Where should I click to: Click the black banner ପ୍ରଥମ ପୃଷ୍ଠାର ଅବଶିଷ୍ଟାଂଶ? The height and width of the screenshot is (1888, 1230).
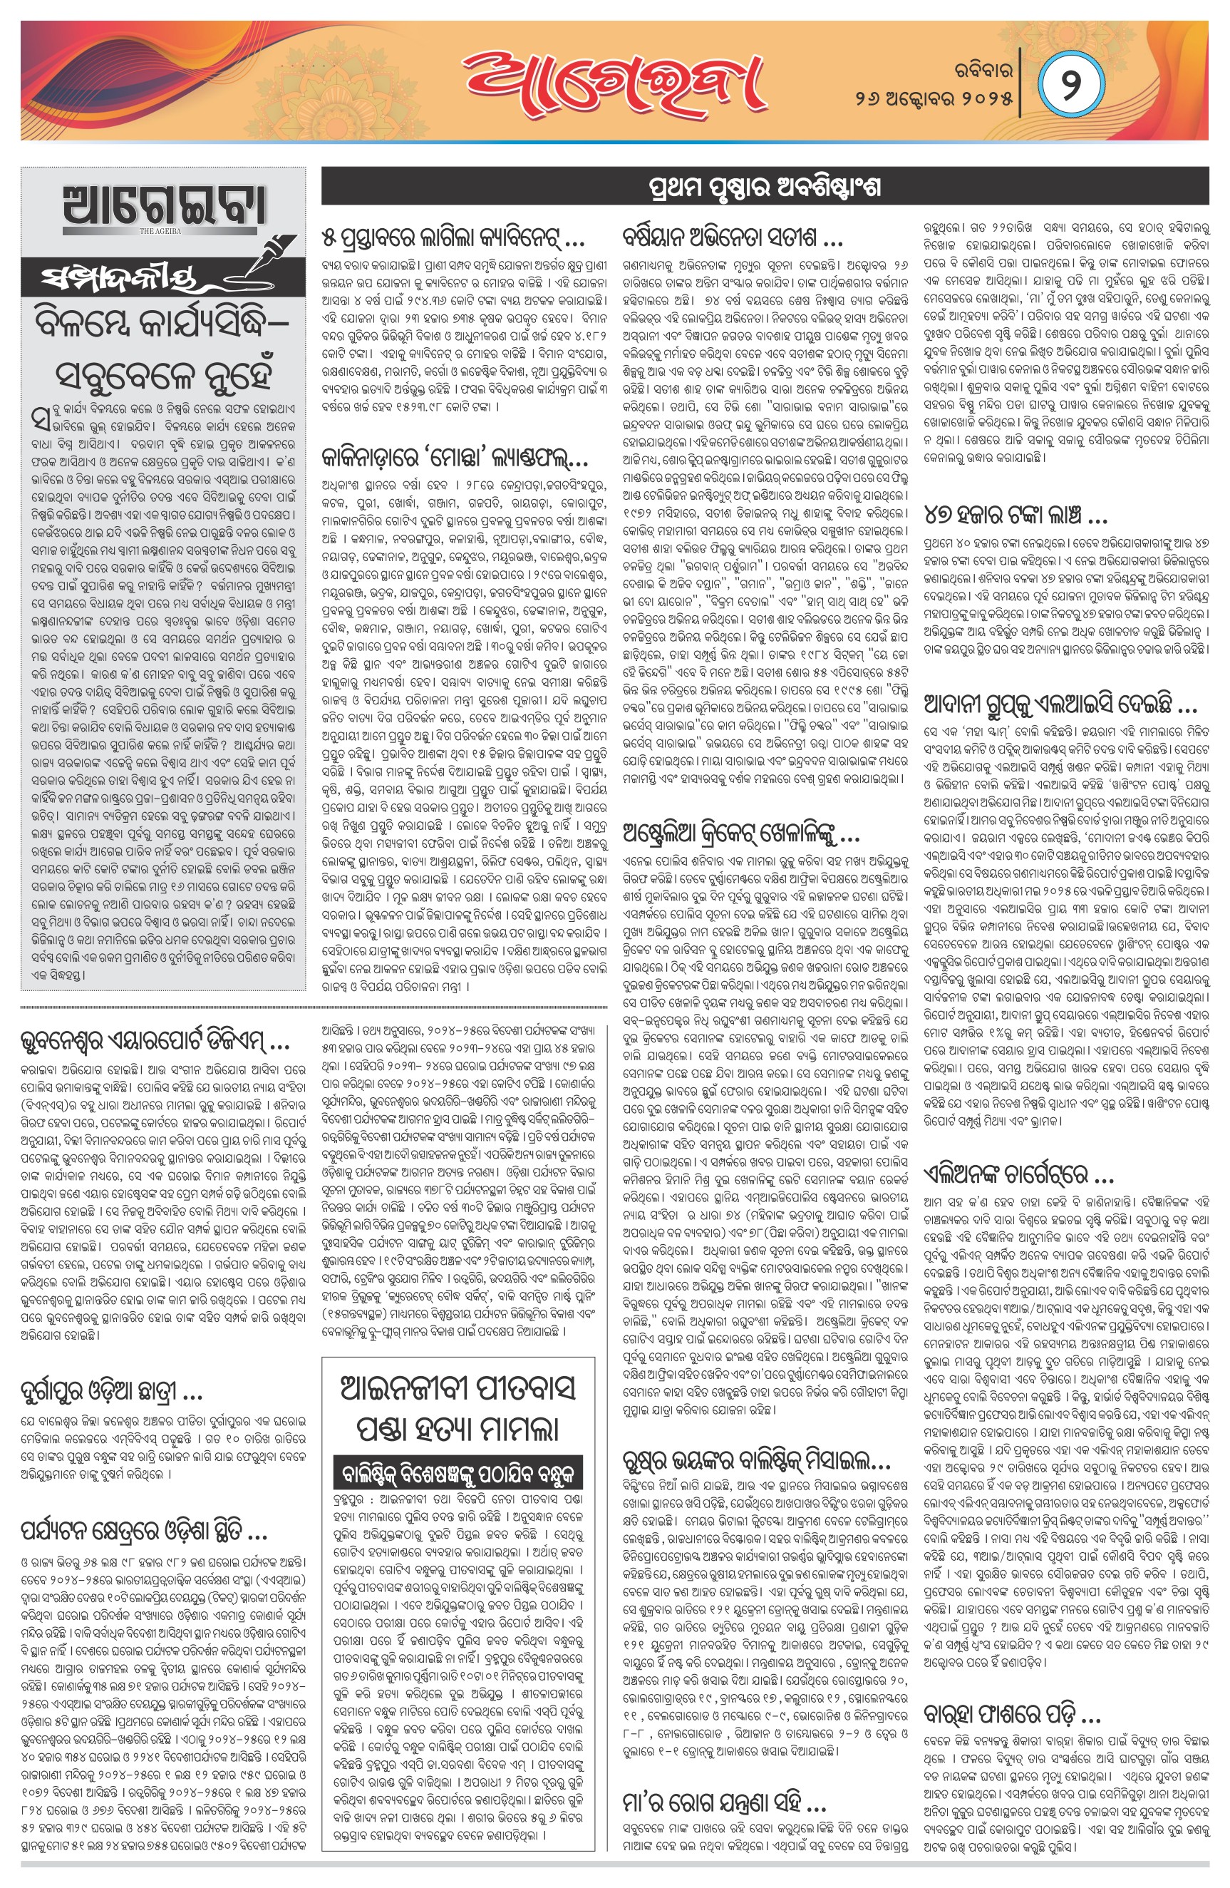pyautogui.click(x=765, y=188)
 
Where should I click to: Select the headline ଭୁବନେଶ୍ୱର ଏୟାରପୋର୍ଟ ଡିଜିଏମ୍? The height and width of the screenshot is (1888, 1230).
pyautogui.click(x=154, y=1040)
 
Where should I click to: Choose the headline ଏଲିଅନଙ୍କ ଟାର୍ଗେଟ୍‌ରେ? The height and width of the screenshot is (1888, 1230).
pyautogui.click(x=1019, y=1174)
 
